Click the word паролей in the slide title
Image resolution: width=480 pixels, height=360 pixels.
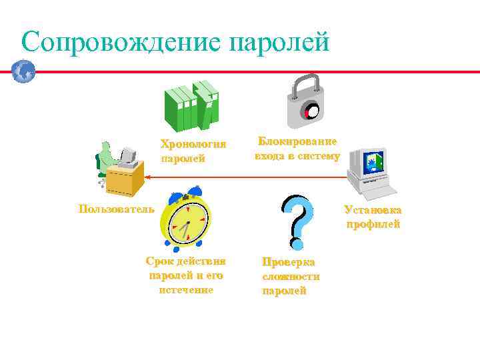click(x=279, y=43)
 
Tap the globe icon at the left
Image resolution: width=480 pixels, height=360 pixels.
click(x=23, y=71)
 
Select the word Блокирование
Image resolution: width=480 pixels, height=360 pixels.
click(x=297, y=141)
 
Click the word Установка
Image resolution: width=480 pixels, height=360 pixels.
click(x=373, y=209)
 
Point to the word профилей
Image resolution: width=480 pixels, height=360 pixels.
click(x=373, y=224)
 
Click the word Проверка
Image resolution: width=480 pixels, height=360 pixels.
click(x=288, y=262)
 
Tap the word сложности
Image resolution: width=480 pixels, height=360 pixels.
click(x=291, y=276)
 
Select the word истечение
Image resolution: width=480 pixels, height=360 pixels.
click(x=186, y=290)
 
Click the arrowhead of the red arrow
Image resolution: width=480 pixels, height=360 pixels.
click(x=150, y=177)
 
